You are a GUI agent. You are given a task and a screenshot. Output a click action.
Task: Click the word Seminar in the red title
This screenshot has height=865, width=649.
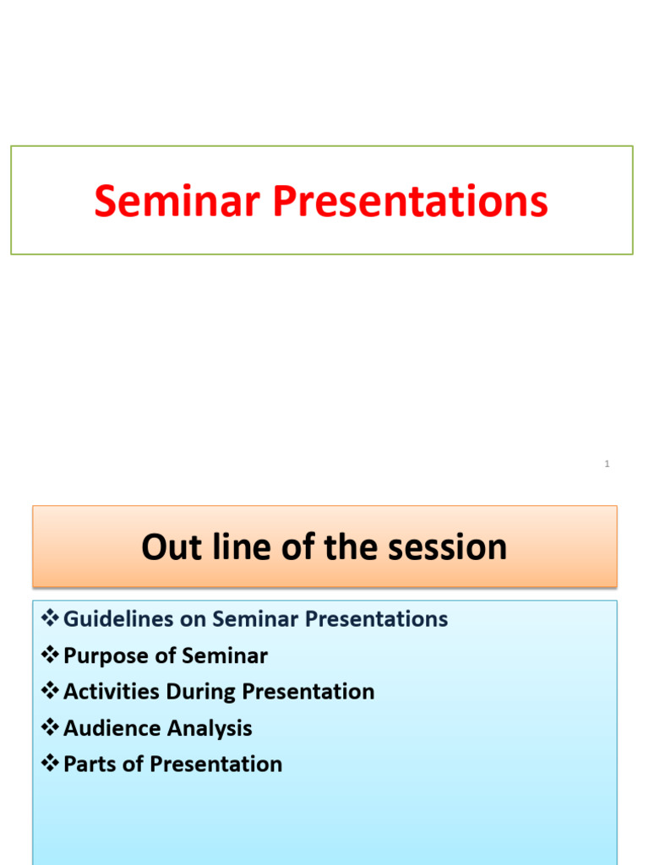[177, 201]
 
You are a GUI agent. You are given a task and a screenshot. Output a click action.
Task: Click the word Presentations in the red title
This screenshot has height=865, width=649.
[410, 201]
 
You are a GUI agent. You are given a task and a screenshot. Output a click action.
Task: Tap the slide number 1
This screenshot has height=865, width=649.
[607, 464]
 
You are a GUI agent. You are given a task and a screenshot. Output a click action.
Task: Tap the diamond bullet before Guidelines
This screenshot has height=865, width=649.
[50, 617]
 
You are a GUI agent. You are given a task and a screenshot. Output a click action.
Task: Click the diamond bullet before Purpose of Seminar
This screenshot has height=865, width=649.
[50, 655]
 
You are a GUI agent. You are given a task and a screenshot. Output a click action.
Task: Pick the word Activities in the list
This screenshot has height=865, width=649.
[112, 692]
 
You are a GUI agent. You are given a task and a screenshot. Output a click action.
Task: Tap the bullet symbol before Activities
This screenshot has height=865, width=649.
[50, 691]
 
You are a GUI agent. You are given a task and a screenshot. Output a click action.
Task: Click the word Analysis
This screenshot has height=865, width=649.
[210, 729]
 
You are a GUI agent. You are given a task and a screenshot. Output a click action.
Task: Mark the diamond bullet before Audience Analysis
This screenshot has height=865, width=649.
[50, 727]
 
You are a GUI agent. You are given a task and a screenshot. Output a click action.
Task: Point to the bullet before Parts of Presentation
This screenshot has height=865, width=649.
[50, 764]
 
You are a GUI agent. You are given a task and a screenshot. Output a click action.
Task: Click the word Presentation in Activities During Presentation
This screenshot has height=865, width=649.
[308, 692]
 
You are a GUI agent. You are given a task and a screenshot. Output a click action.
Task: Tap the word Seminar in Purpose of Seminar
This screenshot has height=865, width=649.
[225, 656]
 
